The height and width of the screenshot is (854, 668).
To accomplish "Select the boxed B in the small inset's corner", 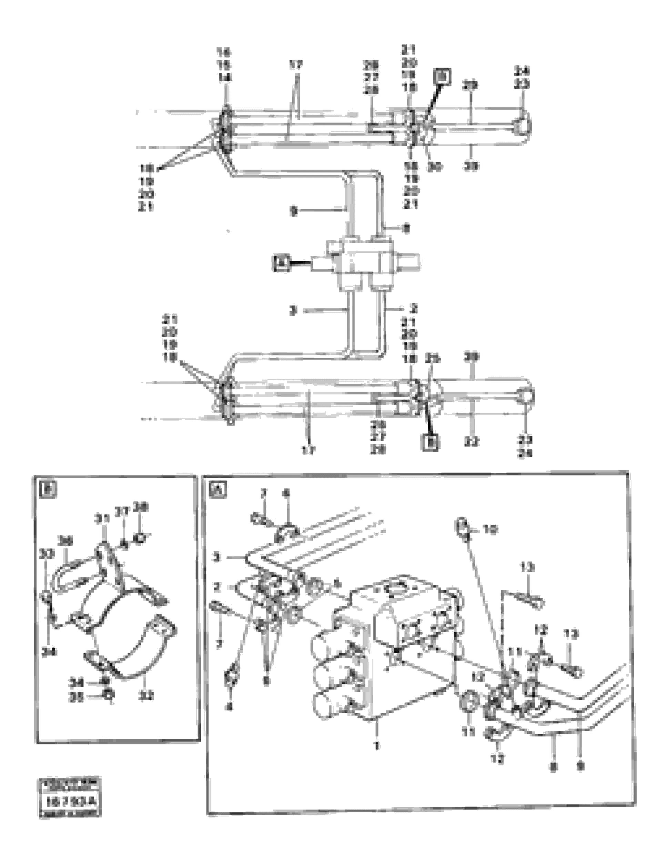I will point(49,491).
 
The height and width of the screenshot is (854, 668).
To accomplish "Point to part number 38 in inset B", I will point(139,508).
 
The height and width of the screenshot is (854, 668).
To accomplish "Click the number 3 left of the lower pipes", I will point(294,311).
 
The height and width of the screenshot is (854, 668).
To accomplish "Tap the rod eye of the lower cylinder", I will point(522,394).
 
